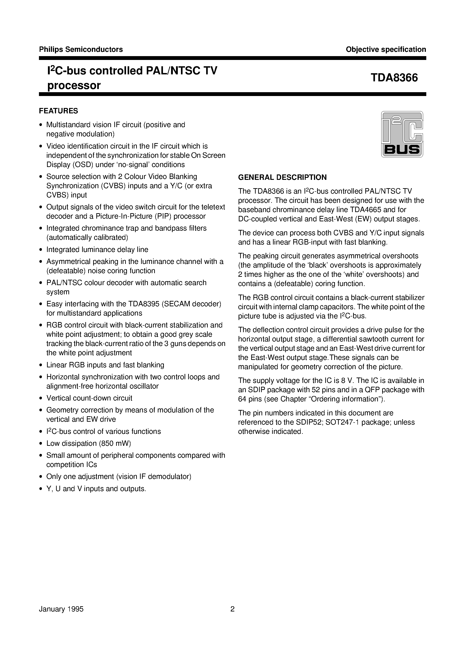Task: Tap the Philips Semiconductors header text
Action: pos(81,49)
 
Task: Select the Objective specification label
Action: pos(386,49)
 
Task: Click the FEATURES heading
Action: pos(58,111)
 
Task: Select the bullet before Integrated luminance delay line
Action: pos(41,250)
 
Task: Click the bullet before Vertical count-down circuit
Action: pos(41,398)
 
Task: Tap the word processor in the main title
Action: pos(74,86)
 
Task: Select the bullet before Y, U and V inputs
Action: pos(41,489)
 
